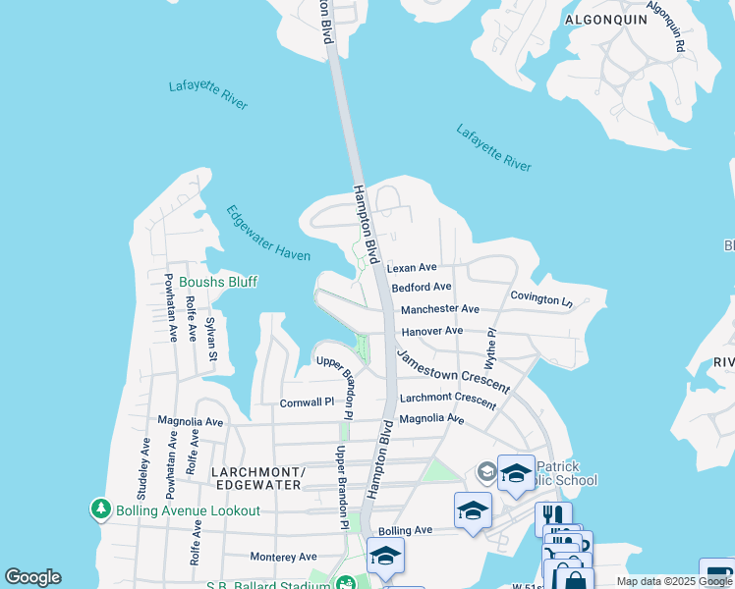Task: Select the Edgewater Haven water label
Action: [x=268, y=234]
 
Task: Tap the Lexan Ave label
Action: [x=412, y=268]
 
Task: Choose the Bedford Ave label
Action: [x=421, y=288]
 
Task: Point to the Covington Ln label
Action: [x=540, y=298]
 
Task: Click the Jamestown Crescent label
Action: [x=453, y=370]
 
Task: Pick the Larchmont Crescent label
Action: [x=448, y=401]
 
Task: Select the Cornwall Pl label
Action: [x=307, y=402]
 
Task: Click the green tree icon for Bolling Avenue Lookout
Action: [x=100, y=509]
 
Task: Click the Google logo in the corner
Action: [x=32, y=577]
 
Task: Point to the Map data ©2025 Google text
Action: [x=673, y=581]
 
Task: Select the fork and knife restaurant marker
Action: [x=553, y=515]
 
